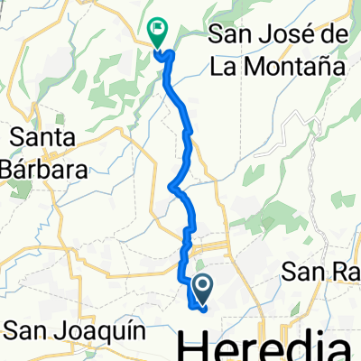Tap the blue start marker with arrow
[202, 289]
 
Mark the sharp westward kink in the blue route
[171, 187]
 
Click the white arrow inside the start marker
[202, 289]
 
